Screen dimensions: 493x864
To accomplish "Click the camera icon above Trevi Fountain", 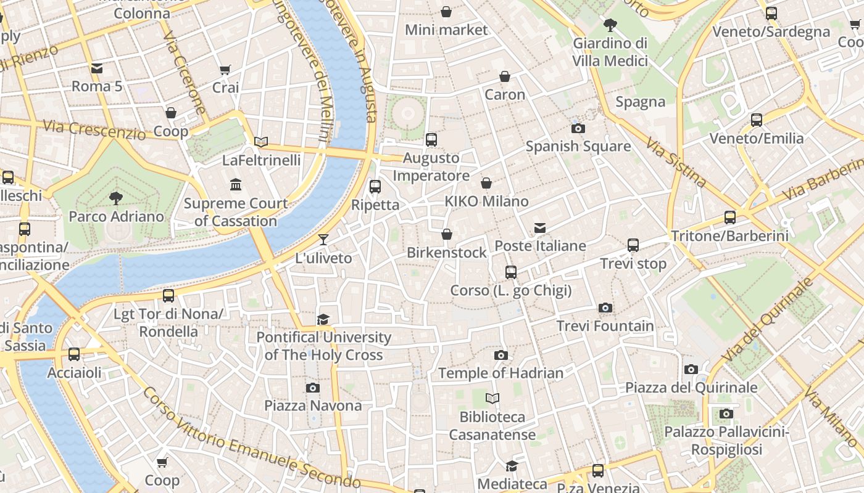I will [x=605, y=308].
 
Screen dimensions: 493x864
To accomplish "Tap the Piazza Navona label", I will [x=313, y=405].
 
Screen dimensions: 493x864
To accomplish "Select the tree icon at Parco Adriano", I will [x=115, y=198].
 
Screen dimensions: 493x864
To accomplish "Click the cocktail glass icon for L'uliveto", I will [x=323, y=239].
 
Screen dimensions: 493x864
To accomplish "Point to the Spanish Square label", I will [x=578, y=146].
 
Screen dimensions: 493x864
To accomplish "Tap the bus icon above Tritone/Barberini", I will [x=730, y=217].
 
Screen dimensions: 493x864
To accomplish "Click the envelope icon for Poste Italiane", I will [x=540, y=228].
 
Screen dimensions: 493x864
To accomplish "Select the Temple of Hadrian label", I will [x=501, y=373].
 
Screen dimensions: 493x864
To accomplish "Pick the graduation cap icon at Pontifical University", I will [x=323, y=319].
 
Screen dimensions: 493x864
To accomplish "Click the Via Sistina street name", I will [x=676, y=161].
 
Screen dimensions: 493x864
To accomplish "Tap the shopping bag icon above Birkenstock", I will [x=447, y=234].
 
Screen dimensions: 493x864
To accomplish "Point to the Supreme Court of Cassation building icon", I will [x=236, y=184].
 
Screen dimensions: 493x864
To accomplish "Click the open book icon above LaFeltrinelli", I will [x=261, y=142].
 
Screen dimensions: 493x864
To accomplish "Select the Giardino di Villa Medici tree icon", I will [x=610, y=25].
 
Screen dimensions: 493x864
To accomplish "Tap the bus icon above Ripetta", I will [x=375, y=186].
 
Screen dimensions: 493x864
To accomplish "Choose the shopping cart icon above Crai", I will [x=225, y=70].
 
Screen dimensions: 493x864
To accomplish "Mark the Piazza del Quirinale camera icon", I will [x=691, y=369].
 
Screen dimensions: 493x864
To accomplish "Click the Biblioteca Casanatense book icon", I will [x=492, y=398].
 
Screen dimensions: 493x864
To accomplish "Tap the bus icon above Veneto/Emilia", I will [x=757, y=120].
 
